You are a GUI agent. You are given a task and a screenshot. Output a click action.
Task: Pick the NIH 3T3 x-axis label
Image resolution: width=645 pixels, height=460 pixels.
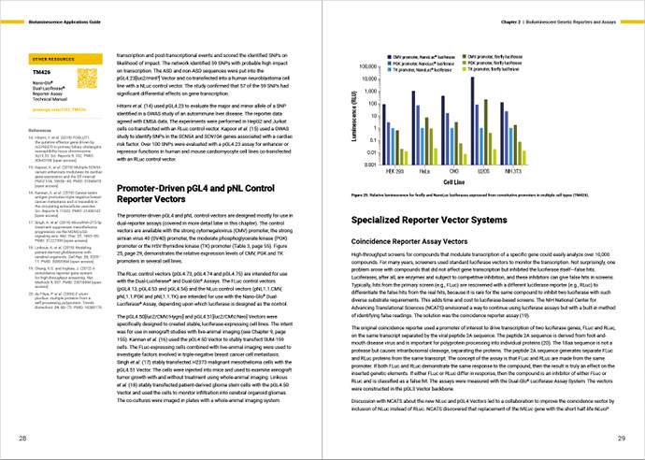pyautogui.click(x=518, y=170)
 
